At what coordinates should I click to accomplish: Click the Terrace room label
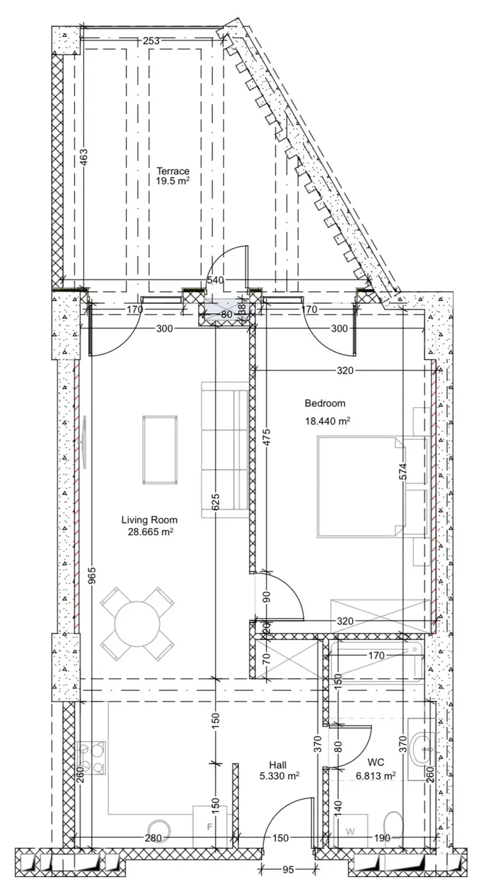[173, 171]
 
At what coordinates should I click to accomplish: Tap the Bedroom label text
[325, 403]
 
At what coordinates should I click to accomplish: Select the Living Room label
[150, 520]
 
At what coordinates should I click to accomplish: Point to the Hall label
[277, 764]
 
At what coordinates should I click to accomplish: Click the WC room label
[376, 762]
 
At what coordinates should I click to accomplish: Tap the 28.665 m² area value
[150, 532]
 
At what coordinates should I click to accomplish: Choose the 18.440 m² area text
[328, 421]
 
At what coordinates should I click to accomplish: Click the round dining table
[137, 624]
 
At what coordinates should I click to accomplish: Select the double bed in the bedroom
[361, 487]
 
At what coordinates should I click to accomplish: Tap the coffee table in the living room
[160, 449]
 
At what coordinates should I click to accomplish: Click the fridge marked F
[210, 826]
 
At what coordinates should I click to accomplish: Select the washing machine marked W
[350, 831]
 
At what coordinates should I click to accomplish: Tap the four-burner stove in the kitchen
[91, 758]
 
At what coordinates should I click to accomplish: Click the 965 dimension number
[92, 575]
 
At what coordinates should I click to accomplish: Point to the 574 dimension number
[403, 472]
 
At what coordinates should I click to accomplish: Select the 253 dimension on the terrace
[151, 40]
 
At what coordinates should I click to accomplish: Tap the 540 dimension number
[215, 280]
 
